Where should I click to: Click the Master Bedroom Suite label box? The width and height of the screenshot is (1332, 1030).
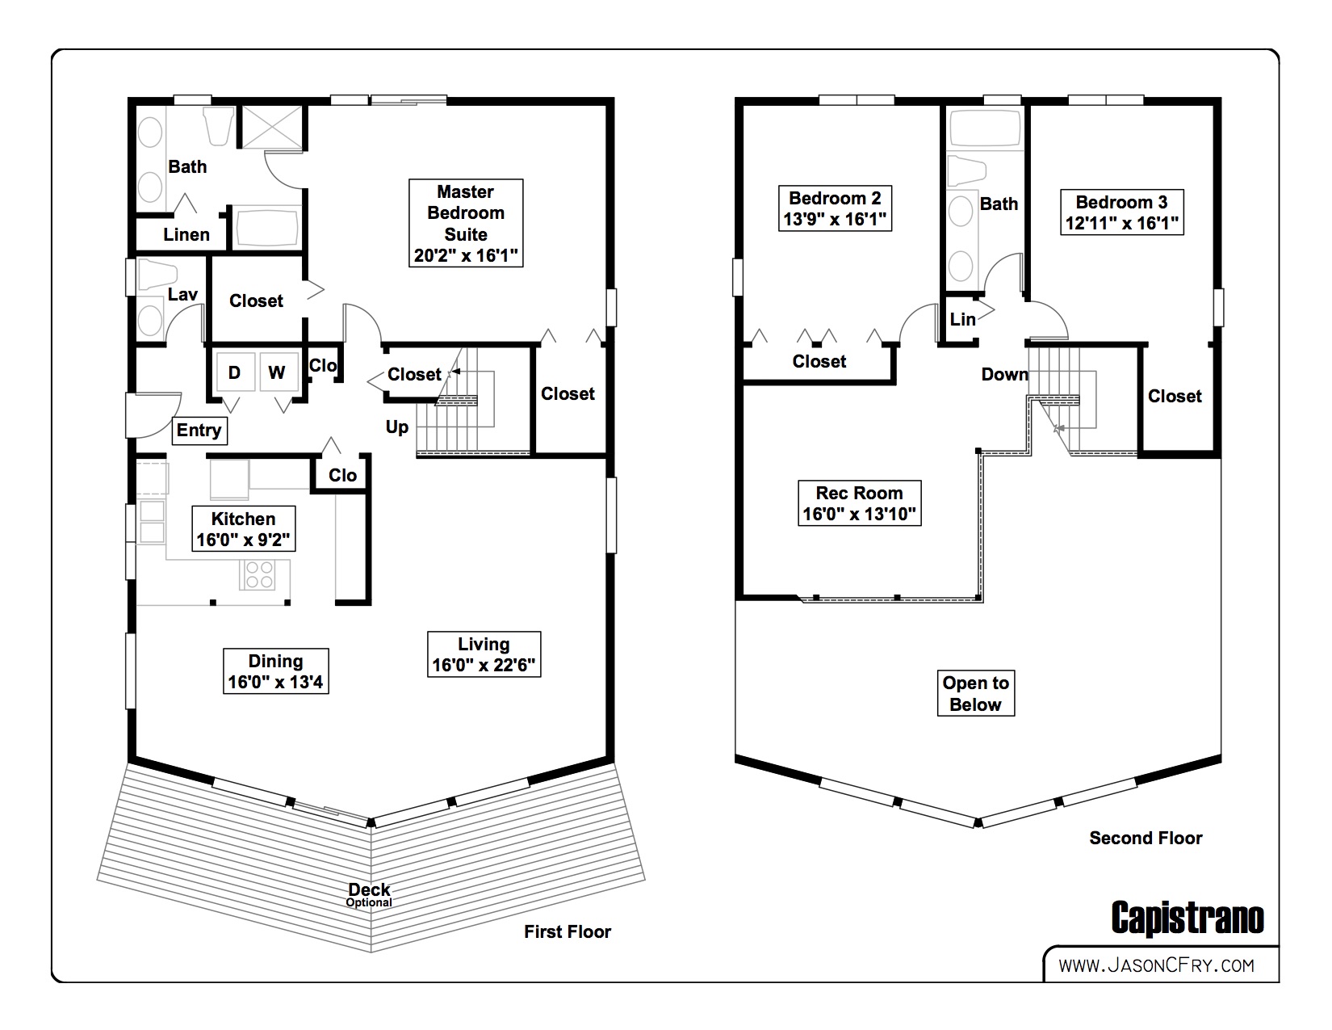[x=466, y=224]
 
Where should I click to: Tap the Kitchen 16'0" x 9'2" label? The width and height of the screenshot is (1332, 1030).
[x=243, y=529]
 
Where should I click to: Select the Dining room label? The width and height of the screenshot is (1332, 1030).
[x=275, y=671]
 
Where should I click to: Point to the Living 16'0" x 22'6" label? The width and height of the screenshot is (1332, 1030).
[x=484, y=654]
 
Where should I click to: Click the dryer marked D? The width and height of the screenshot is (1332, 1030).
[x=234, y=372]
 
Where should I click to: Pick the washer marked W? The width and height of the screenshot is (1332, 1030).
[x=277, y=372]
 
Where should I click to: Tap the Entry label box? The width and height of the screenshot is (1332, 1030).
[x=199, y=431]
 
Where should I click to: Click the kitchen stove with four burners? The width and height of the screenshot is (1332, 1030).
[x=259, y=574]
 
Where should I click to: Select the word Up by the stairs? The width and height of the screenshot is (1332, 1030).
[x=397, y=427]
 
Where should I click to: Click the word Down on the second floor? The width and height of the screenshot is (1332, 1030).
[x=1004, y=374]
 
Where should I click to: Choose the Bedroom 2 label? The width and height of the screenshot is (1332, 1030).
[x=835, y=208]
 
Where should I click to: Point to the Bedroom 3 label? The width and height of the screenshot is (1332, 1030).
[x=1121, y=212]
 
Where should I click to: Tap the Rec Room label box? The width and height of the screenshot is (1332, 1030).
[x=859, y=503]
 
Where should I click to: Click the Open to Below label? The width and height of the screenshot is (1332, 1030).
[x=975, y=693]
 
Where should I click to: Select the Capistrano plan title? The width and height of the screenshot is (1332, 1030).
[x=1187, y=919]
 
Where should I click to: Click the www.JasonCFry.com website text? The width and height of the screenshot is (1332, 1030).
[x=1156, y=965]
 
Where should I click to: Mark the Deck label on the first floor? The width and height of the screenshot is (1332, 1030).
[x=370, y=890]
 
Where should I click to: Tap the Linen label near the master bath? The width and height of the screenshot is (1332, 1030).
[x=186, y=234]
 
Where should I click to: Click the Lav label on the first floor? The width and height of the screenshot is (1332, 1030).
[x=182, y=294]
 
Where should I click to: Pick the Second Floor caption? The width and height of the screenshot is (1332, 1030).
[x=1146, y=838]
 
